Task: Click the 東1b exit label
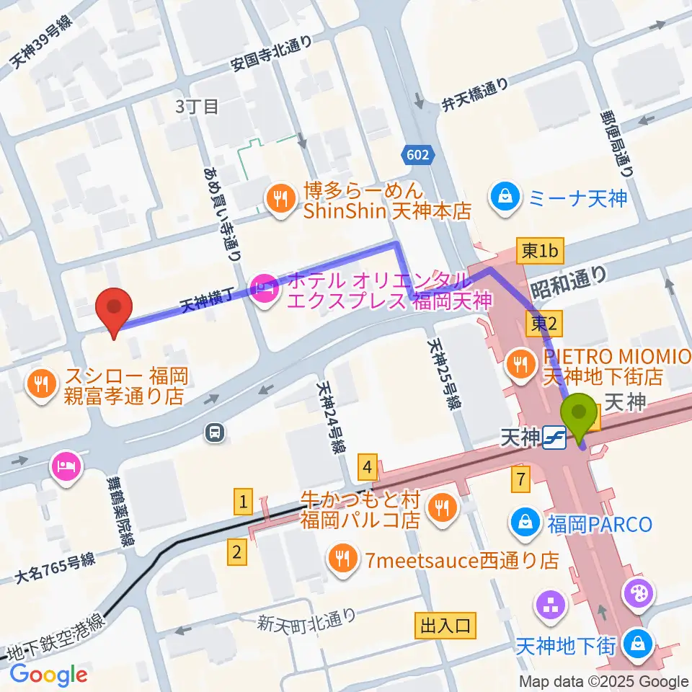(541, 251)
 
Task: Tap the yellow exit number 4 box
(368, 469)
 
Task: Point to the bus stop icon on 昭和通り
(214, 432)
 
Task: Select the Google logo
(49, 675)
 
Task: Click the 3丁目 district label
(198, 107)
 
